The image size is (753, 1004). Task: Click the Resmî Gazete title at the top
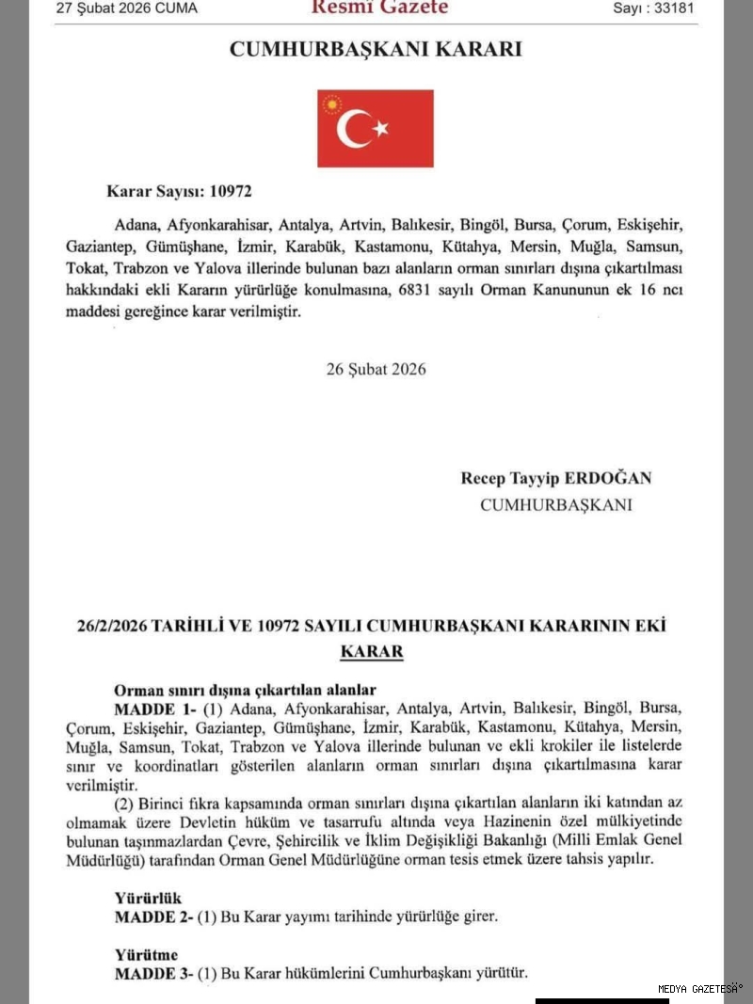pyautogui.click(x=379, y=8)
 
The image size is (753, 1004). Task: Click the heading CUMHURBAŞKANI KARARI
pyautogui.click(x=376, y=50)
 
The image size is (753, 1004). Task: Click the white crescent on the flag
pyautogui.click(x=354, y=129)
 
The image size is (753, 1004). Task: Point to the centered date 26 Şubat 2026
pyautogui.click(x=376, y=369)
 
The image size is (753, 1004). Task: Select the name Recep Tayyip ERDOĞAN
pyautogui.click(x=555, y=478)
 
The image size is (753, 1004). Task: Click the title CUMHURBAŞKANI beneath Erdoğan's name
pyautogui.click(x=555, y=505)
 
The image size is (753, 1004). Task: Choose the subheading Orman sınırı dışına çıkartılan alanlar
pyautogui.click(x=245, y=690)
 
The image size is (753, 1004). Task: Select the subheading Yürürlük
pyautogui.click(x=148, y=899)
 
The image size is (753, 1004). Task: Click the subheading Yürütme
pyautogui.click(x=146, y=955)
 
